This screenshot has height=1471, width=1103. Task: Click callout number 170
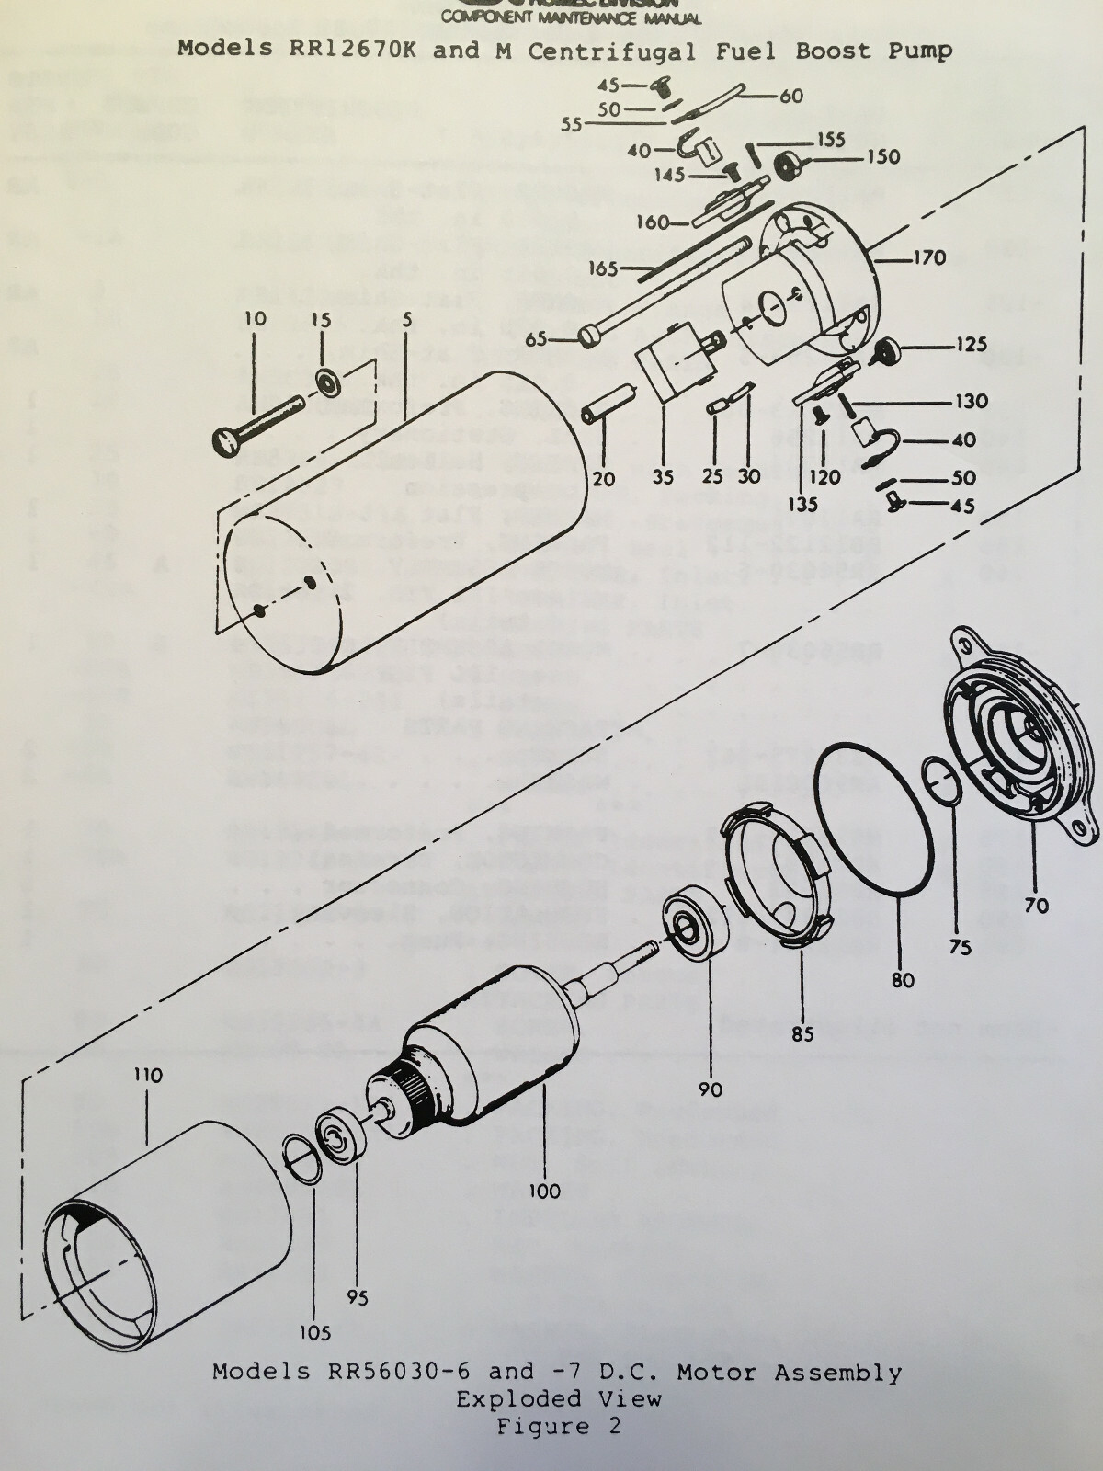[x=928, y=257]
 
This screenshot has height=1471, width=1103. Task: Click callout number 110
[x=147, y=1075]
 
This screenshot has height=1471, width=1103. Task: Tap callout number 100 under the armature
[x=544, y=1192]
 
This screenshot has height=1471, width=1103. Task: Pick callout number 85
[x=802, y=1034]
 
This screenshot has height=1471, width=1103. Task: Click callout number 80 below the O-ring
[x=903, y=980]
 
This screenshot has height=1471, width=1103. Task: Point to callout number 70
[x=1036, y=906]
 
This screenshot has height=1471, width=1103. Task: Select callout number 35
[x=663, y=477]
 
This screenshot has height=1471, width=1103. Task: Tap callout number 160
[x=653, y=222]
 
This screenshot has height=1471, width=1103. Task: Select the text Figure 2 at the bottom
[x=559, y=1427]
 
